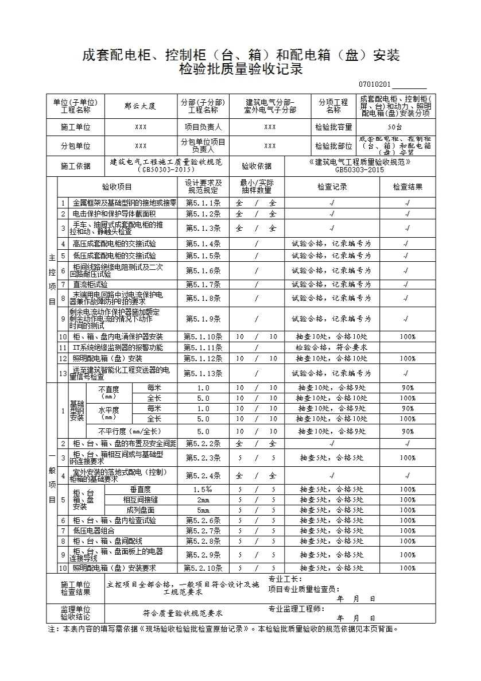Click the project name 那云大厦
click(x=140, y=106)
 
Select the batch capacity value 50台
click(x=395, y=127)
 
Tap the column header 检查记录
click(x=332, y=187)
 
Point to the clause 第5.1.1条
click(x=203, y=203)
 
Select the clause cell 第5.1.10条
click(x=203, y=336)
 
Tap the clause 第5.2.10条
click(x=203, y=568)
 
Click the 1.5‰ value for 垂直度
click(x=203, y=489)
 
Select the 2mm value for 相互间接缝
click(x=203, y=500)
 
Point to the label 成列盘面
click(x=141, y=510)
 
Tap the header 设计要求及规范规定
click(x=203, y=187)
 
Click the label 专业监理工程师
click(x=296, y=609)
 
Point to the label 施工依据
click(x=76, y=166)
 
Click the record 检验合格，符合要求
click(x=331, y=347)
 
